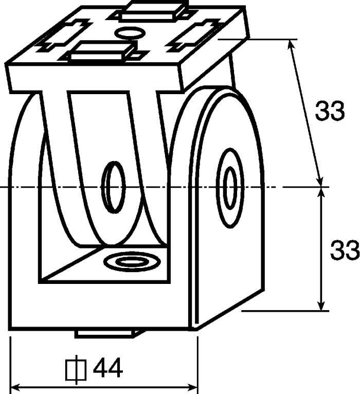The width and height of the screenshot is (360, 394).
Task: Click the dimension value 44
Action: (108, 368)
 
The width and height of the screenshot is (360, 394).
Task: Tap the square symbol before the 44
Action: (76, 370)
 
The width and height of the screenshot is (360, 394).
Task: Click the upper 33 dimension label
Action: (330, 111)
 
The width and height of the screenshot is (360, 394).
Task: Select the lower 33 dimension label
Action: (345, 250)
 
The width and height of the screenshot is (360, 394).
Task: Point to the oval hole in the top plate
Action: (130, 33)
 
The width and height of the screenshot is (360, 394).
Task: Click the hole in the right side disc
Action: (230, 188)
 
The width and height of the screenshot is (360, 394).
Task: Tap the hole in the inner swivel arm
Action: (113, 187)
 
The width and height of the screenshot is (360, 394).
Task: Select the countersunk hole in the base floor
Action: (132, 262)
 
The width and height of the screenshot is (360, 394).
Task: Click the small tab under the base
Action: (108, 334)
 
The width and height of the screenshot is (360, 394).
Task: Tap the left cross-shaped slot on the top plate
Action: (64, 35)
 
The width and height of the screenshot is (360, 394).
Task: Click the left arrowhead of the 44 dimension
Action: (16, 387)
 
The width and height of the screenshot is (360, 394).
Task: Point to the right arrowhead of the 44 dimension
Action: (192, 387)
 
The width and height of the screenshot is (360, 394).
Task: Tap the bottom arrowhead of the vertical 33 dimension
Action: (320, 306)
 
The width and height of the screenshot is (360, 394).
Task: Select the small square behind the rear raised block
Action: (186, 15)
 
